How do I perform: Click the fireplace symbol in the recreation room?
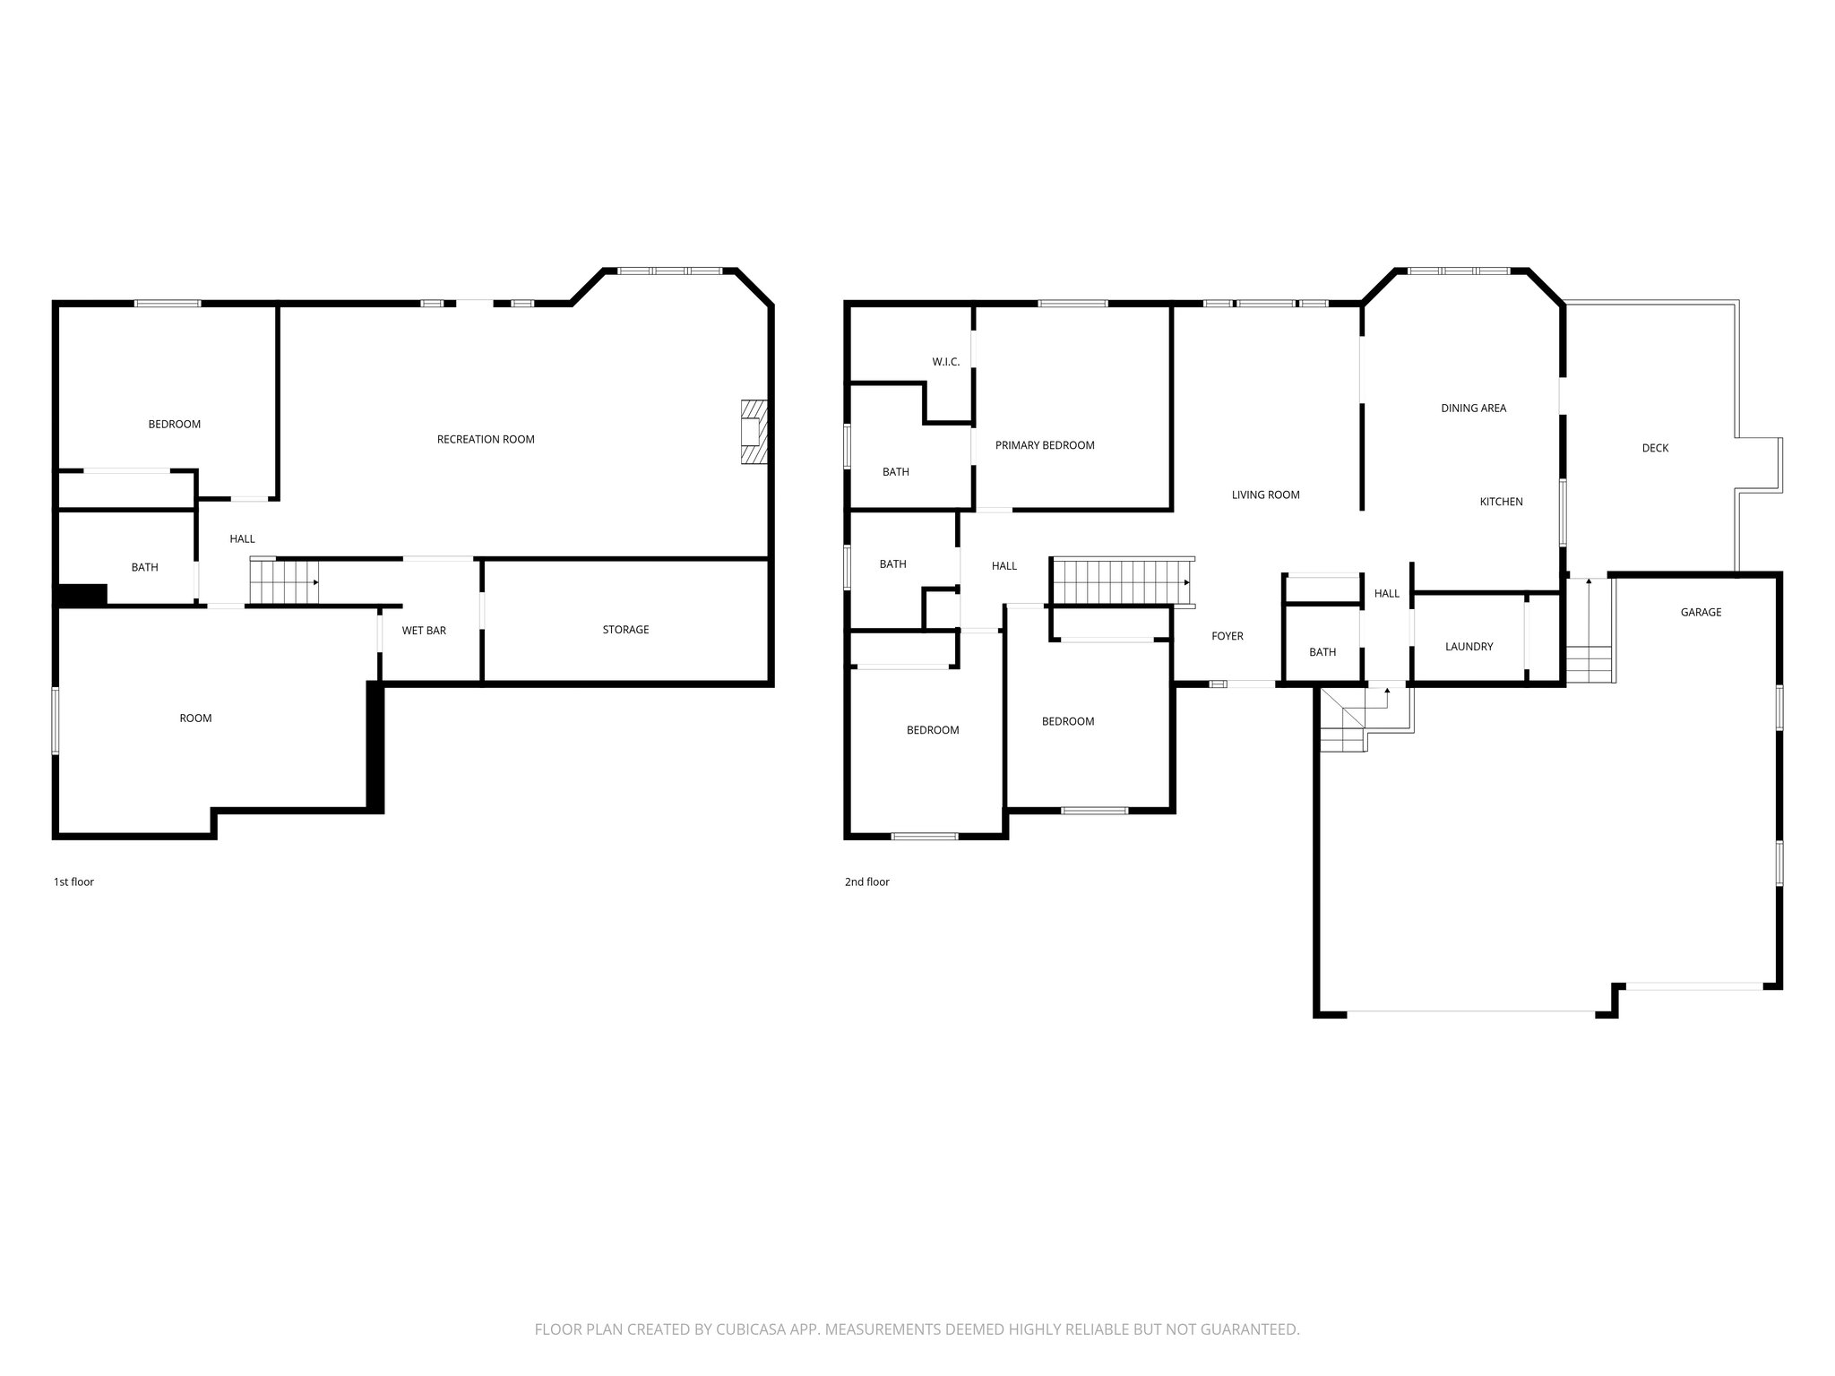pos(753,433)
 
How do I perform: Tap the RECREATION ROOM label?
pos(486,439)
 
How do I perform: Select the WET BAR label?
pos(424,631)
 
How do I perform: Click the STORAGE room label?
pos(625,630)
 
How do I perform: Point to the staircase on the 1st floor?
pos(283,581)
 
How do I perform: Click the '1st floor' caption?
pos(73,881)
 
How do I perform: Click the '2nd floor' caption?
pos(866,881)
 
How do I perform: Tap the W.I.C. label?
pos(945,362)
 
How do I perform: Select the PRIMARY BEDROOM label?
pos(1045,445)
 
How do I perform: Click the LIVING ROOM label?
pos(1265,494)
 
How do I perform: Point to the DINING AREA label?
pos(1473,408)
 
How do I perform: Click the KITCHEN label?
pos(1501,502)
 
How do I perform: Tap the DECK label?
pos(1655,448)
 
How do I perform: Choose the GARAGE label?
pos(1701,612)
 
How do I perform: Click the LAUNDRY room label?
pos(1469,647)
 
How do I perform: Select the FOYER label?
pos(1227,636)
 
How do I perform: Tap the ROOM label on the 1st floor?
pos(195,718)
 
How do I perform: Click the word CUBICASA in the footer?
pos(750,1329)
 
